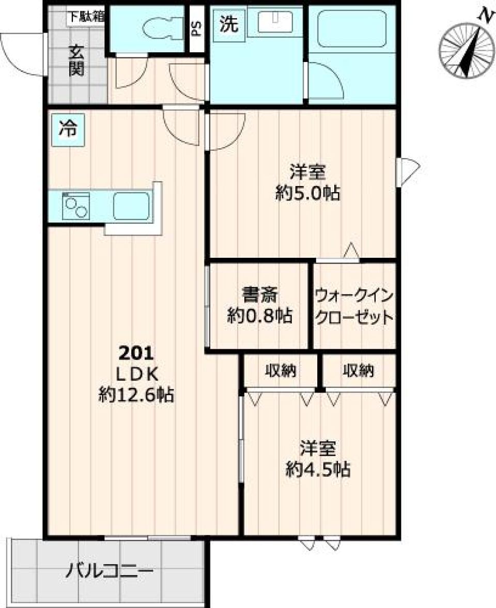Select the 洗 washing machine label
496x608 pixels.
coord(229,24)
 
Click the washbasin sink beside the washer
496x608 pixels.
coord(274,23)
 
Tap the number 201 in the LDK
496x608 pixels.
coord(136,353)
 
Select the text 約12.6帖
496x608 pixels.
coord(136,395)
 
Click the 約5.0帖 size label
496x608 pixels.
coord(307,194)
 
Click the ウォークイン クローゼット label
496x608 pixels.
coord(354,306)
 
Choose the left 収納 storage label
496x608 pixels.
coord(280,370)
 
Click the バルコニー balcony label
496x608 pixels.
coord(110,572)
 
